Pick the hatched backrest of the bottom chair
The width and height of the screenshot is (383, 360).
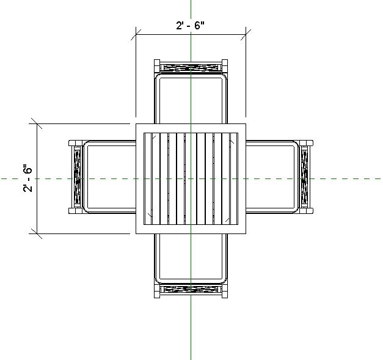pos(191,290)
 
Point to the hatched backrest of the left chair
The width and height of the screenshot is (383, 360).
pos(77,178)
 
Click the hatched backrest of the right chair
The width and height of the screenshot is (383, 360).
pos(304,178)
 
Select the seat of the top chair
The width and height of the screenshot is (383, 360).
pos(191,98)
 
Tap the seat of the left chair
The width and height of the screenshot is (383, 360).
pos(109,178)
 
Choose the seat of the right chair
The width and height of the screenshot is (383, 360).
pos(272,178)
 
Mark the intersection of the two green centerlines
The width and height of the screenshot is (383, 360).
pos(191,178)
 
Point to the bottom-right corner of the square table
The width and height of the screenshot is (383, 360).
pos(246,233)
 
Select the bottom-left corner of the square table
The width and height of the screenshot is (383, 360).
pos(136,233)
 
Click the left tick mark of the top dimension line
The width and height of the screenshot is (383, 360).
pos(136,35)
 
